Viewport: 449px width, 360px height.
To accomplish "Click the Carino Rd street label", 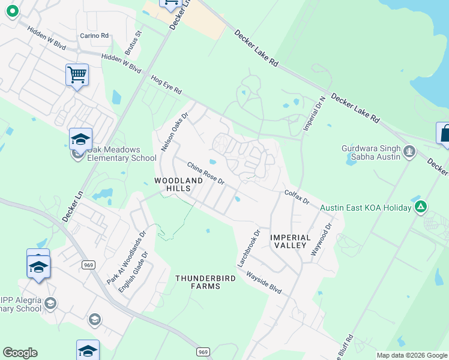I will pos(95,36).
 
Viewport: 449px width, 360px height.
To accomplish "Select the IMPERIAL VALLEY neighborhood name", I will pos(291,242).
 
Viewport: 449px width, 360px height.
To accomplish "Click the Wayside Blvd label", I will pos(264,281).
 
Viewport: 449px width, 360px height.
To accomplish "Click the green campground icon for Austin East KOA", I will pos(421,208).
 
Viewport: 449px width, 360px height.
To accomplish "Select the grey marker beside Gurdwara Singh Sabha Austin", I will pos(410,151).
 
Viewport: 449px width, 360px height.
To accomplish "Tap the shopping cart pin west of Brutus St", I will pos(77,76).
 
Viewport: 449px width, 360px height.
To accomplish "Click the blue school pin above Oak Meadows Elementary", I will pos(80,140).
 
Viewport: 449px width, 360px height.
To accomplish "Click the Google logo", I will pos(20,353).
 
